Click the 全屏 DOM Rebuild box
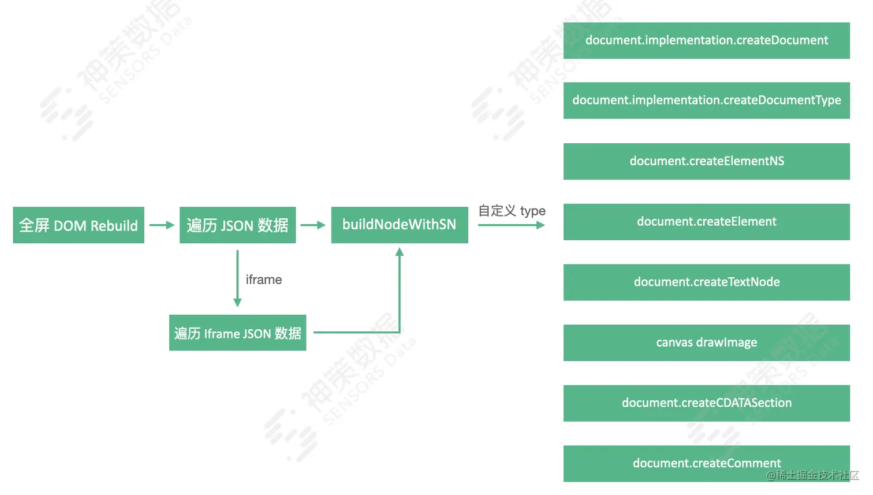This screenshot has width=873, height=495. [x=79, y=225]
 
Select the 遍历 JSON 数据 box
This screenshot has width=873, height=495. [x=237, y=225]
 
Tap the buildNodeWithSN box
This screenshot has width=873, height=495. [x=400, y=225]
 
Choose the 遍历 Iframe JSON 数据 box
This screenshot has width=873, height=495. [x=237, y=333]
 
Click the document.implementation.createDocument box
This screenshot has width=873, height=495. [x=706, y=40]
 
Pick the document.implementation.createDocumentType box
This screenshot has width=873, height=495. [x=706, y=101]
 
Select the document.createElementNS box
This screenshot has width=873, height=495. [x=706, y=161]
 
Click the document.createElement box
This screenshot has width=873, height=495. [x=706, y=222]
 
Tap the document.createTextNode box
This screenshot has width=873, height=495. [x=706, y=282]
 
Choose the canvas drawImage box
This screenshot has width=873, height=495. [x=706, y=343]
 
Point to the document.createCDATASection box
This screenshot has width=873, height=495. [x=706, y=403]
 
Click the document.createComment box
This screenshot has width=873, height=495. [x=706, y=463]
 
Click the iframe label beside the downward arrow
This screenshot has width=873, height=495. [x=264, y=280]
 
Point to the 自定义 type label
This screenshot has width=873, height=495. [x=512, y=211]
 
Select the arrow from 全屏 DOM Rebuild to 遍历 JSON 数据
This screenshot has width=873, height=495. [x=162, y=225]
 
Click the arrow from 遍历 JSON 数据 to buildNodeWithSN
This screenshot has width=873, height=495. [x=313, y=225]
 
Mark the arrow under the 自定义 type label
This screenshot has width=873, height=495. [x=512, y=225]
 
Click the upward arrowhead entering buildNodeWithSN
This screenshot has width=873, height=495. [x=399, y=252]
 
